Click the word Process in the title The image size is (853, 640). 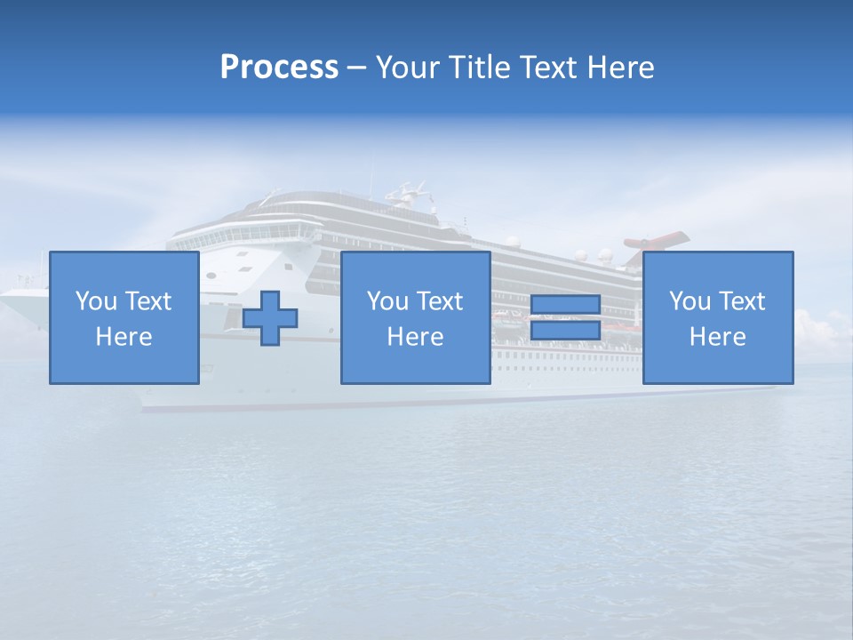279,68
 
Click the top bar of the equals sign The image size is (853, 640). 565,305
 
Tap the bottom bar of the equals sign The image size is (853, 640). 565,330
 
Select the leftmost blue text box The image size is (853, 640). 124,317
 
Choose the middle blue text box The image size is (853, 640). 415,317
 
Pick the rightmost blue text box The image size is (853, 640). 717,317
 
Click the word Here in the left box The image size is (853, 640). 124,337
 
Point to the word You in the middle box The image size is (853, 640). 387,301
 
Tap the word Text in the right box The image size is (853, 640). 743,301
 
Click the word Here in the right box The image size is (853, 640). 717,337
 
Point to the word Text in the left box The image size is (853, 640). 148,301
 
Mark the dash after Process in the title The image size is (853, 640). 357,68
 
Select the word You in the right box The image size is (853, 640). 690,301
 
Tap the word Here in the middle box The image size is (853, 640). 415,337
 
